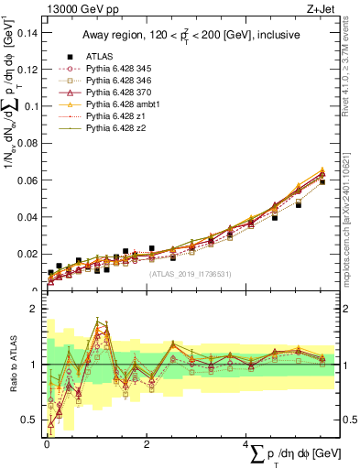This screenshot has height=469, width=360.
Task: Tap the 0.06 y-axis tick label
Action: [28, 180]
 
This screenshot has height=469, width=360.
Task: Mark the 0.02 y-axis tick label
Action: [28, 254]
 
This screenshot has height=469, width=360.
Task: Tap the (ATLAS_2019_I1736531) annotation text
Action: [190, 274]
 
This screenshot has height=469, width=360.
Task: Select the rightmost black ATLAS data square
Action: [322, 182]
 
